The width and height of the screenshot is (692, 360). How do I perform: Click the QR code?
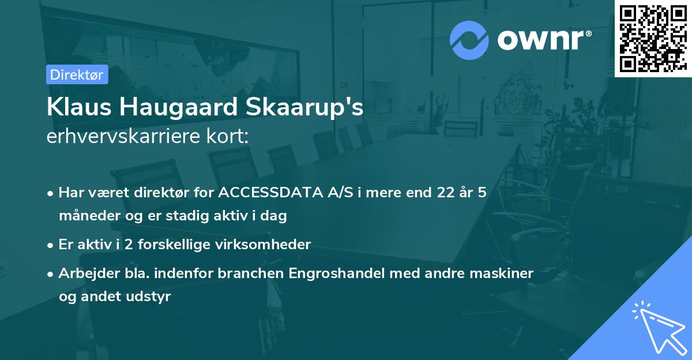tap(653, 39)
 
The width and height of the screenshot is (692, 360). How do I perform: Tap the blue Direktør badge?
tap(77, 74)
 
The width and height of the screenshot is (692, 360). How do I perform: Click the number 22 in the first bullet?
tap(446, 193)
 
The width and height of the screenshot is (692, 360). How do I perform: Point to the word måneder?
tap(85, 216)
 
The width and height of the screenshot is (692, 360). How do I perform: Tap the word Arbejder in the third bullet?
tap(84, 273)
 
